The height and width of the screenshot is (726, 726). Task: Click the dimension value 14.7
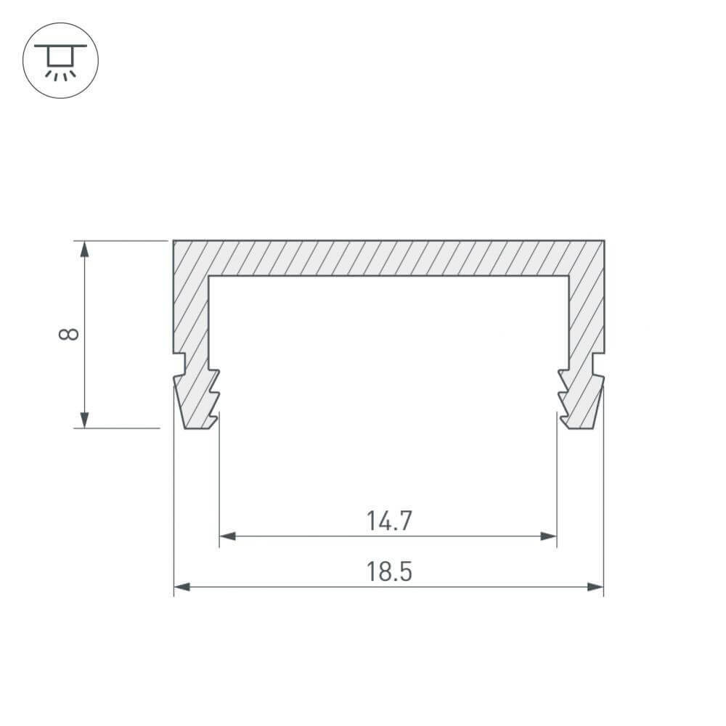pyautogui.click(x=389, y=521)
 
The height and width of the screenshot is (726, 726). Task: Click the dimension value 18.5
pyautogui.click(x=389, y=571)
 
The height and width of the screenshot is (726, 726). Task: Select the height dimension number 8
pyautogui.click(x=69, y=334)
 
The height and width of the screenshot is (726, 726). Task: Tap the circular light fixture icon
pyautogui.click(x=61, y=60)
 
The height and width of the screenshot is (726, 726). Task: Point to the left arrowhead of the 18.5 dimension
pyautogui.click(x=181, y=587)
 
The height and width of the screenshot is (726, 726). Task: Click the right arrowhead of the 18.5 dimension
pyautogui.click(x=595, y=587)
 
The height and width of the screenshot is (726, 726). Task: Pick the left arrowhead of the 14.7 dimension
pyautogui.click(x=227, y=537)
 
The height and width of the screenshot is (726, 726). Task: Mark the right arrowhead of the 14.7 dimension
pyautogui.click(x=548, y=537)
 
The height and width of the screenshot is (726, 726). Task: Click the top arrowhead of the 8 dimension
pyautogui.click(x=84, y=249)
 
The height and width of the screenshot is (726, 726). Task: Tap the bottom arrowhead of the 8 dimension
pyautogui.click(x=84, y=420)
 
